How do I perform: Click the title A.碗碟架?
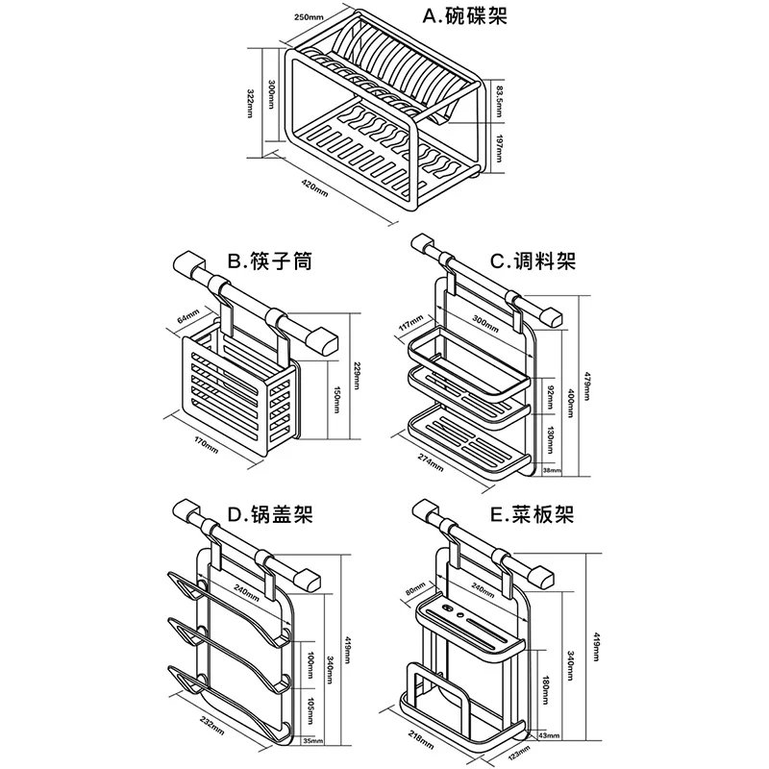pyautogui.click(x=466, y=16)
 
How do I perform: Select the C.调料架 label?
pyautogui.click(x=533, y=260)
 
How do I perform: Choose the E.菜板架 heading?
pyautogui.click(x=532, y=515)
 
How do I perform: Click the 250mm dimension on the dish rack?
pyautogui.click(x=310, y=17)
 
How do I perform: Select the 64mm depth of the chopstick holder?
pyautogui.click(x=186, y=315)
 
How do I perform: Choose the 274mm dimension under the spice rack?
pyautogui.click(x=431, y=461)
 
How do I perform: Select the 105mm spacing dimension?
pyautogui.click(x=310, y=705)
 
